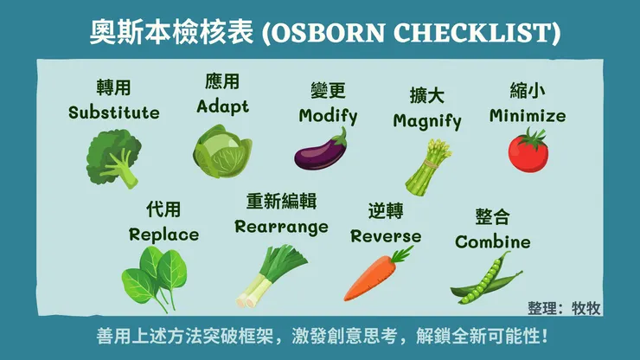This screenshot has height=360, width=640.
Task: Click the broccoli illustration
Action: (x=113, y=157)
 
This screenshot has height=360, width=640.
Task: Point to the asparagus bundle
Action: (x=428, y=164)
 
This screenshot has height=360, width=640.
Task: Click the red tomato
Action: (x=528, y=149)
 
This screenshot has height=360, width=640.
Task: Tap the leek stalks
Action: (x=266, y=275)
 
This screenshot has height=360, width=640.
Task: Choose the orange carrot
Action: (x=378, y=273)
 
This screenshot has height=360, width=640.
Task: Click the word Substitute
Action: (x=114, y=112)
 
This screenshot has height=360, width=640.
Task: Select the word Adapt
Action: (x=222, y=106)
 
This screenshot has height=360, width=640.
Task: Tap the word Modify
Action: (x=328, y=116)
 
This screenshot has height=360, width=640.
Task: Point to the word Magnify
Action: (x=427, y=121)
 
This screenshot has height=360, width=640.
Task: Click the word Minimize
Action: (x=528, y=115)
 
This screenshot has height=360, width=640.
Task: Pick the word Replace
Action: (x=163, y=235)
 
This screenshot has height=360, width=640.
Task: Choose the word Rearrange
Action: (x=282, y=227)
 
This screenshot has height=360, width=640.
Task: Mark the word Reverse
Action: (x=386, y=235)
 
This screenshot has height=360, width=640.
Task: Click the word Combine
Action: (x=493, y=241)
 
